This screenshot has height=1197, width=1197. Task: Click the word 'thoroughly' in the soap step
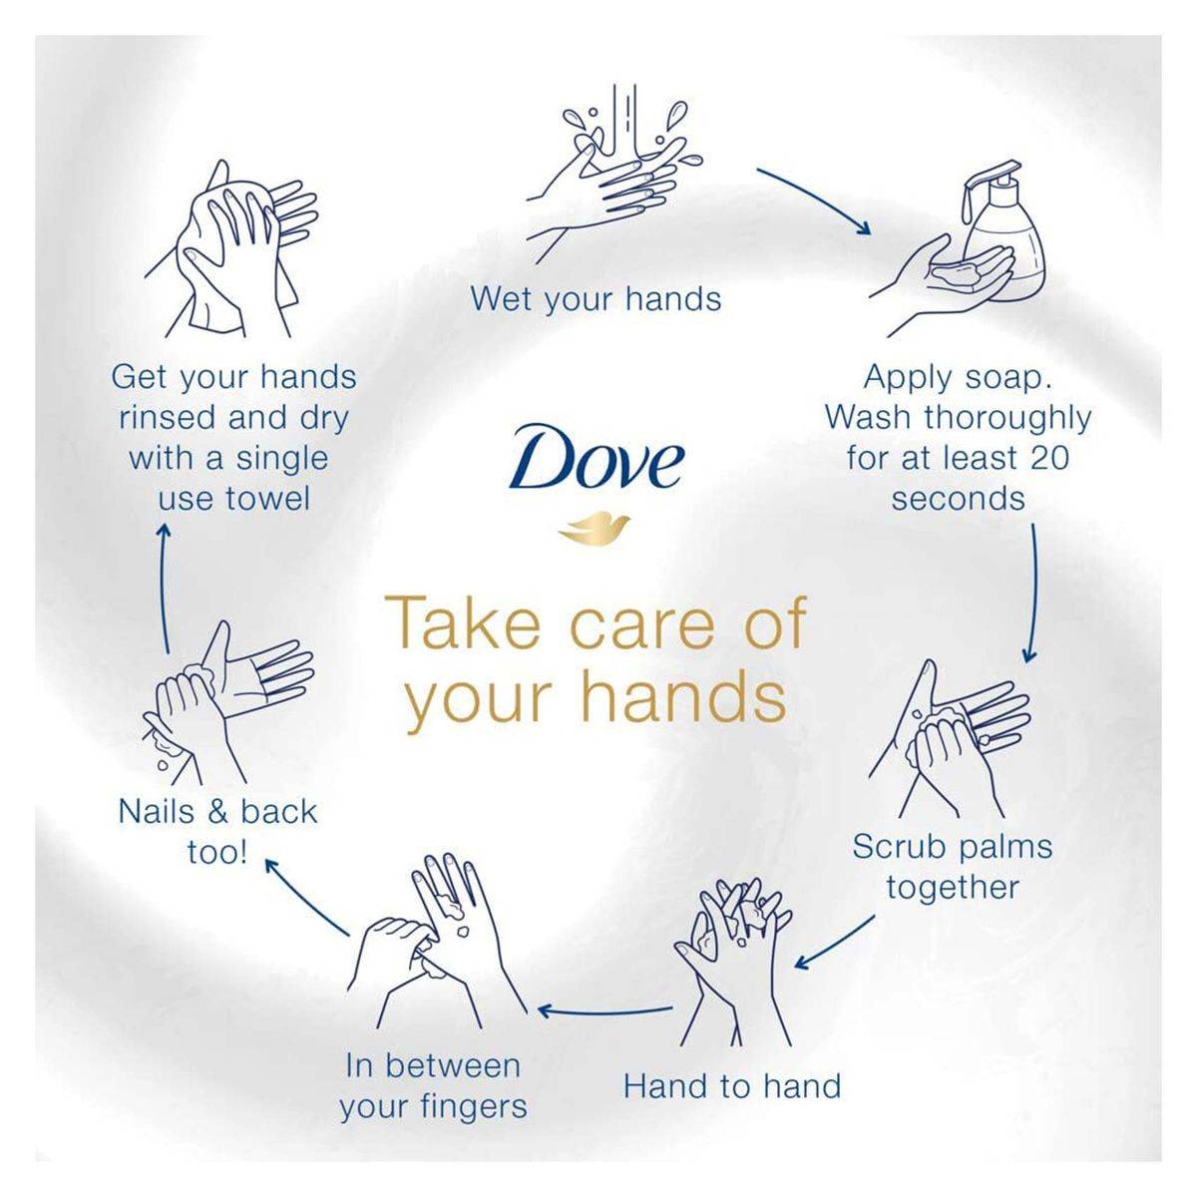(1006, 419)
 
